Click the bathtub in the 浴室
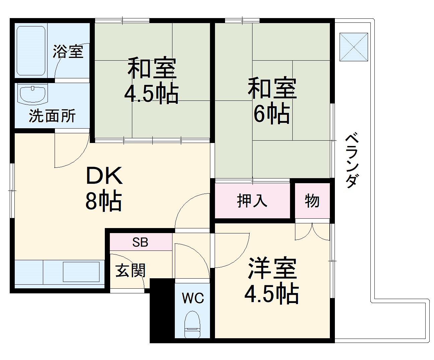31,50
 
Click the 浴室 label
68,52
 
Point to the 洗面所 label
52,116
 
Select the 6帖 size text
272,114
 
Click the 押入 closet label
252,201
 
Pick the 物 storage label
312,201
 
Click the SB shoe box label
140,242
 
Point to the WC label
193,298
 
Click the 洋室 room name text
272,269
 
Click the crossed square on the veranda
354,47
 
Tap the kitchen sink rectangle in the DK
81,272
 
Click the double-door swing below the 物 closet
312,232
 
